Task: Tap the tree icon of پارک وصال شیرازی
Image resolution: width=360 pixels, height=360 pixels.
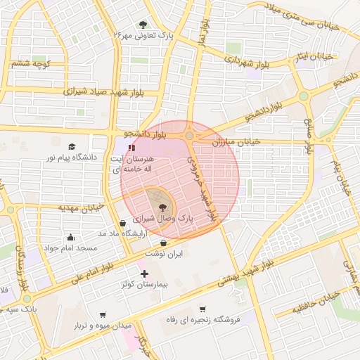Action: coord(163,207)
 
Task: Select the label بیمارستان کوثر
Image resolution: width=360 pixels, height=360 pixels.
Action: coord(145,287)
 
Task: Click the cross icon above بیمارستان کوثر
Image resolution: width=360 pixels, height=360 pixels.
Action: coord(145,274)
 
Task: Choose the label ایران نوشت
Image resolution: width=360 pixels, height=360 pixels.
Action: coord(163,253)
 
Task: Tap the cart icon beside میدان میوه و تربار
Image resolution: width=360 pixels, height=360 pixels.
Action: coord(103,314)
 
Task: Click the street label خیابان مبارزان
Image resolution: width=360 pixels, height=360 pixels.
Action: coord(236,142)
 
